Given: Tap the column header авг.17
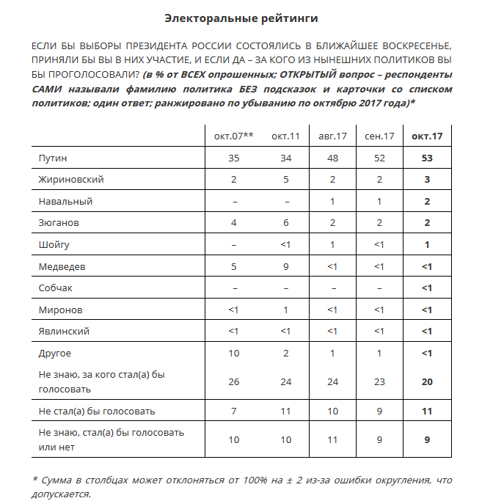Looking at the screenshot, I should click(x=332, y=136).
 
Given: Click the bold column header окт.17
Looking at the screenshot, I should click(x=427, y=136).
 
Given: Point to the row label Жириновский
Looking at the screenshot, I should click(x=71, y=180).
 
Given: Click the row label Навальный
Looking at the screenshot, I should click(x=65, y=201).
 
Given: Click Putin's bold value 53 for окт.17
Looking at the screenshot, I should click(x=427, y=158).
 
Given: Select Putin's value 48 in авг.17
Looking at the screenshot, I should click(x=332, y=158).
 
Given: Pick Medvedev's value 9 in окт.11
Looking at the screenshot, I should click(x=285, y=266).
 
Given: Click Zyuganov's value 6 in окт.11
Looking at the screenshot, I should click(x=285, y=223).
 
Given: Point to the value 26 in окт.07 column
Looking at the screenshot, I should click(x=233, y=381).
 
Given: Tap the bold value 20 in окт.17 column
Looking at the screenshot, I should click(x=427, y=381).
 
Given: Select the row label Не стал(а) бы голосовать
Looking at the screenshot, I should click(x=97, y=411).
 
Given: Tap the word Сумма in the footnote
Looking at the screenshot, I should click(x=58, y=480).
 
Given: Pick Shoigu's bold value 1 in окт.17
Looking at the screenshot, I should click(x=427, y=245).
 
